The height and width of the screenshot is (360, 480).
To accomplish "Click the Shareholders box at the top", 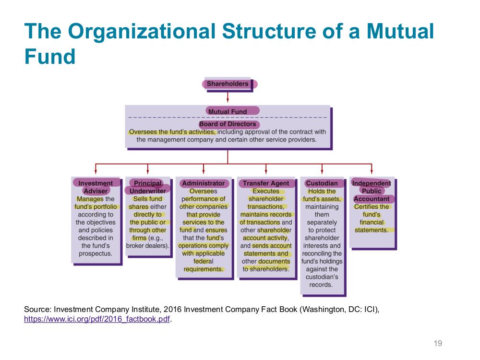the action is coord(228,84).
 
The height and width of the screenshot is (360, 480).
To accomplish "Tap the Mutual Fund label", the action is coord(228,112).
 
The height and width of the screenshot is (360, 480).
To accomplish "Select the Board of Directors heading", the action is coord(228,124).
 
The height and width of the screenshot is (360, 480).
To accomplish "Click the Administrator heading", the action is coord(203,183).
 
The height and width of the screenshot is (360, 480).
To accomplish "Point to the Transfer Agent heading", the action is coord(266,183).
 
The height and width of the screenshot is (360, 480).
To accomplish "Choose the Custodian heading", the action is coord(322,183).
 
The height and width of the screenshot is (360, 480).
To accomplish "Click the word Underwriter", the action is coord(147,191).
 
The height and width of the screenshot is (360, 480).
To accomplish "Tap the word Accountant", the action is coord(372,199).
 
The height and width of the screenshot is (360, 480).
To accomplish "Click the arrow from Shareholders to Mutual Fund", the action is coord(228,97).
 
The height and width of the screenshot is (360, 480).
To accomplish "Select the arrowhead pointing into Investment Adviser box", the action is coord(96,171).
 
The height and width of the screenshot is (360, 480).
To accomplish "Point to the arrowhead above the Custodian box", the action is coord(322,171).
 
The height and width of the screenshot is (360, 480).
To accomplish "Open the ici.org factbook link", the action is coord(97,319).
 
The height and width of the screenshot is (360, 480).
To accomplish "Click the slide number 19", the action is coord(438,344).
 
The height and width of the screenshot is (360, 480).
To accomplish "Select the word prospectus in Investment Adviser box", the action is coord(96,254).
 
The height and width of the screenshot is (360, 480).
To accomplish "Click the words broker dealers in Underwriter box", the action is coord(147,246).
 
